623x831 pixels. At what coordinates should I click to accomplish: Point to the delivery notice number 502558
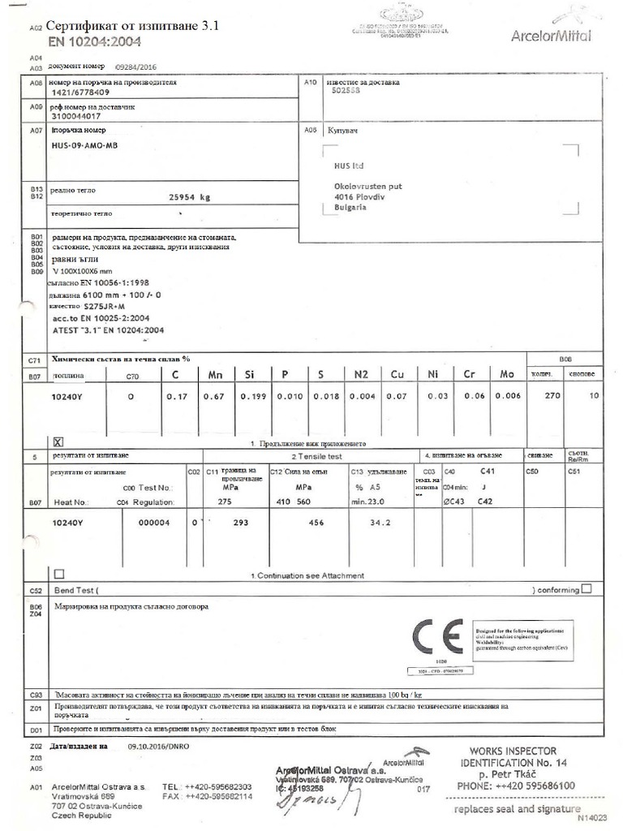[x=346, y=92]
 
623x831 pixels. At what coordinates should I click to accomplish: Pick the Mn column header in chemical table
[x=216, y=375]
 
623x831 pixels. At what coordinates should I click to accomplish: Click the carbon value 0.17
[x=176, y=396]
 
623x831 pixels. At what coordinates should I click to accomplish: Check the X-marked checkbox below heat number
[x=58, y=442]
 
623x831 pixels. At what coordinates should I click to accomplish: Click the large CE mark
[x=437, y=637]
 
